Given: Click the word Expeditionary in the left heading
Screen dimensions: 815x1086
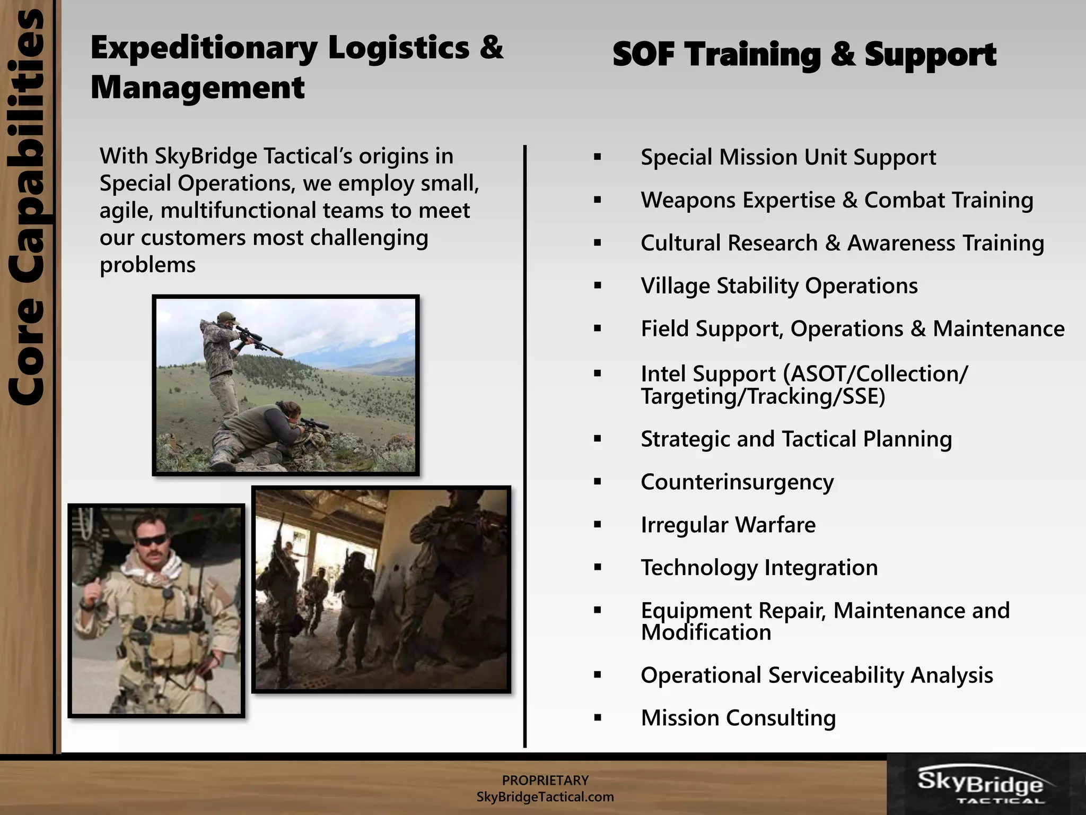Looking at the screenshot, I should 204,48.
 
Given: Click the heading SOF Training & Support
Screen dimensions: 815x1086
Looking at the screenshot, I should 804,55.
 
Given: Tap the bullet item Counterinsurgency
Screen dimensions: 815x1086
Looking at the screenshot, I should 737,482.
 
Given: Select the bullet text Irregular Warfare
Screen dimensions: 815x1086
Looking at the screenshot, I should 728,525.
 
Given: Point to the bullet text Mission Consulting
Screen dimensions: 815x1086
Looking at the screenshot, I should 738,718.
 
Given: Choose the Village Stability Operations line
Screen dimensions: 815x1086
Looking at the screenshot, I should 778,286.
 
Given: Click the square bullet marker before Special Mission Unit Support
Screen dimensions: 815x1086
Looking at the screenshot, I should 598,157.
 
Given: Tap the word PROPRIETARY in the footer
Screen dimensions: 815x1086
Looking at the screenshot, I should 545,781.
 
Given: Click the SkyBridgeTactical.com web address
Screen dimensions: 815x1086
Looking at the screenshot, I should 545,797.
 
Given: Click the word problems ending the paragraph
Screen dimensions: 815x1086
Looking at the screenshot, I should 147,265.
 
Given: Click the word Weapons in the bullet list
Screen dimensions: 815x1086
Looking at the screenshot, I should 686,201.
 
